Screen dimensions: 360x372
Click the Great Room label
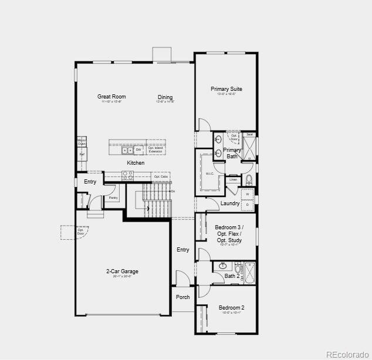click(x=111, y=97)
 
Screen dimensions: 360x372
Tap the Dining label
click(x=165, y=97)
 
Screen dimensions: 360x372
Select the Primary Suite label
click(x=226, y=89)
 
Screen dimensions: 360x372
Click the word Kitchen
click(x=136, y=162)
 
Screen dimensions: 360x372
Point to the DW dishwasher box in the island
click(x=139, y=150)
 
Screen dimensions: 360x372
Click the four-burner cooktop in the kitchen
click(x=127, y=175)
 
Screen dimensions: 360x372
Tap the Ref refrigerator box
click(x=82, y=154)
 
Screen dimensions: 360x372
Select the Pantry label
click(x=113, y=198)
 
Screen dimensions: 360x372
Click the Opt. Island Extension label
click(x=155, y=150)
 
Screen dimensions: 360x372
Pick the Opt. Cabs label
click(x=161, y=176)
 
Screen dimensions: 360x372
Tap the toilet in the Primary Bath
click(x=249, y=179)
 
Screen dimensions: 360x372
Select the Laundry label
click(x=229, y=203)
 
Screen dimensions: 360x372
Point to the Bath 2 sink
click(x=223, y=266)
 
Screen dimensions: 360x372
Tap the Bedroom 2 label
click(x=231, y=307)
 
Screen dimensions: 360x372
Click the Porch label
click(x=183, y=297)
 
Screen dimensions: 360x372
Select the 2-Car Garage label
click(x=122, y=271)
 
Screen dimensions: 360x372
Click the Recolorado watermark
click(x=347, y=354)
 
